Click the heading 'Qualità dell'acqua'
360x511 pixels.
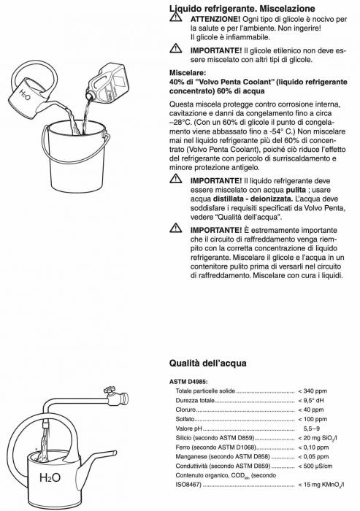[x=208, y=362]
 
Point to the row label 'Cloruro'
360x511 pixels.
[x=187, y=410]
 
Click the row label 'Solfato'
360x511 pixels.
[x=186, y=420]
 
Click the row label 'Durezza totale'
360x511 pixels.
[x=195, y=401]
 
